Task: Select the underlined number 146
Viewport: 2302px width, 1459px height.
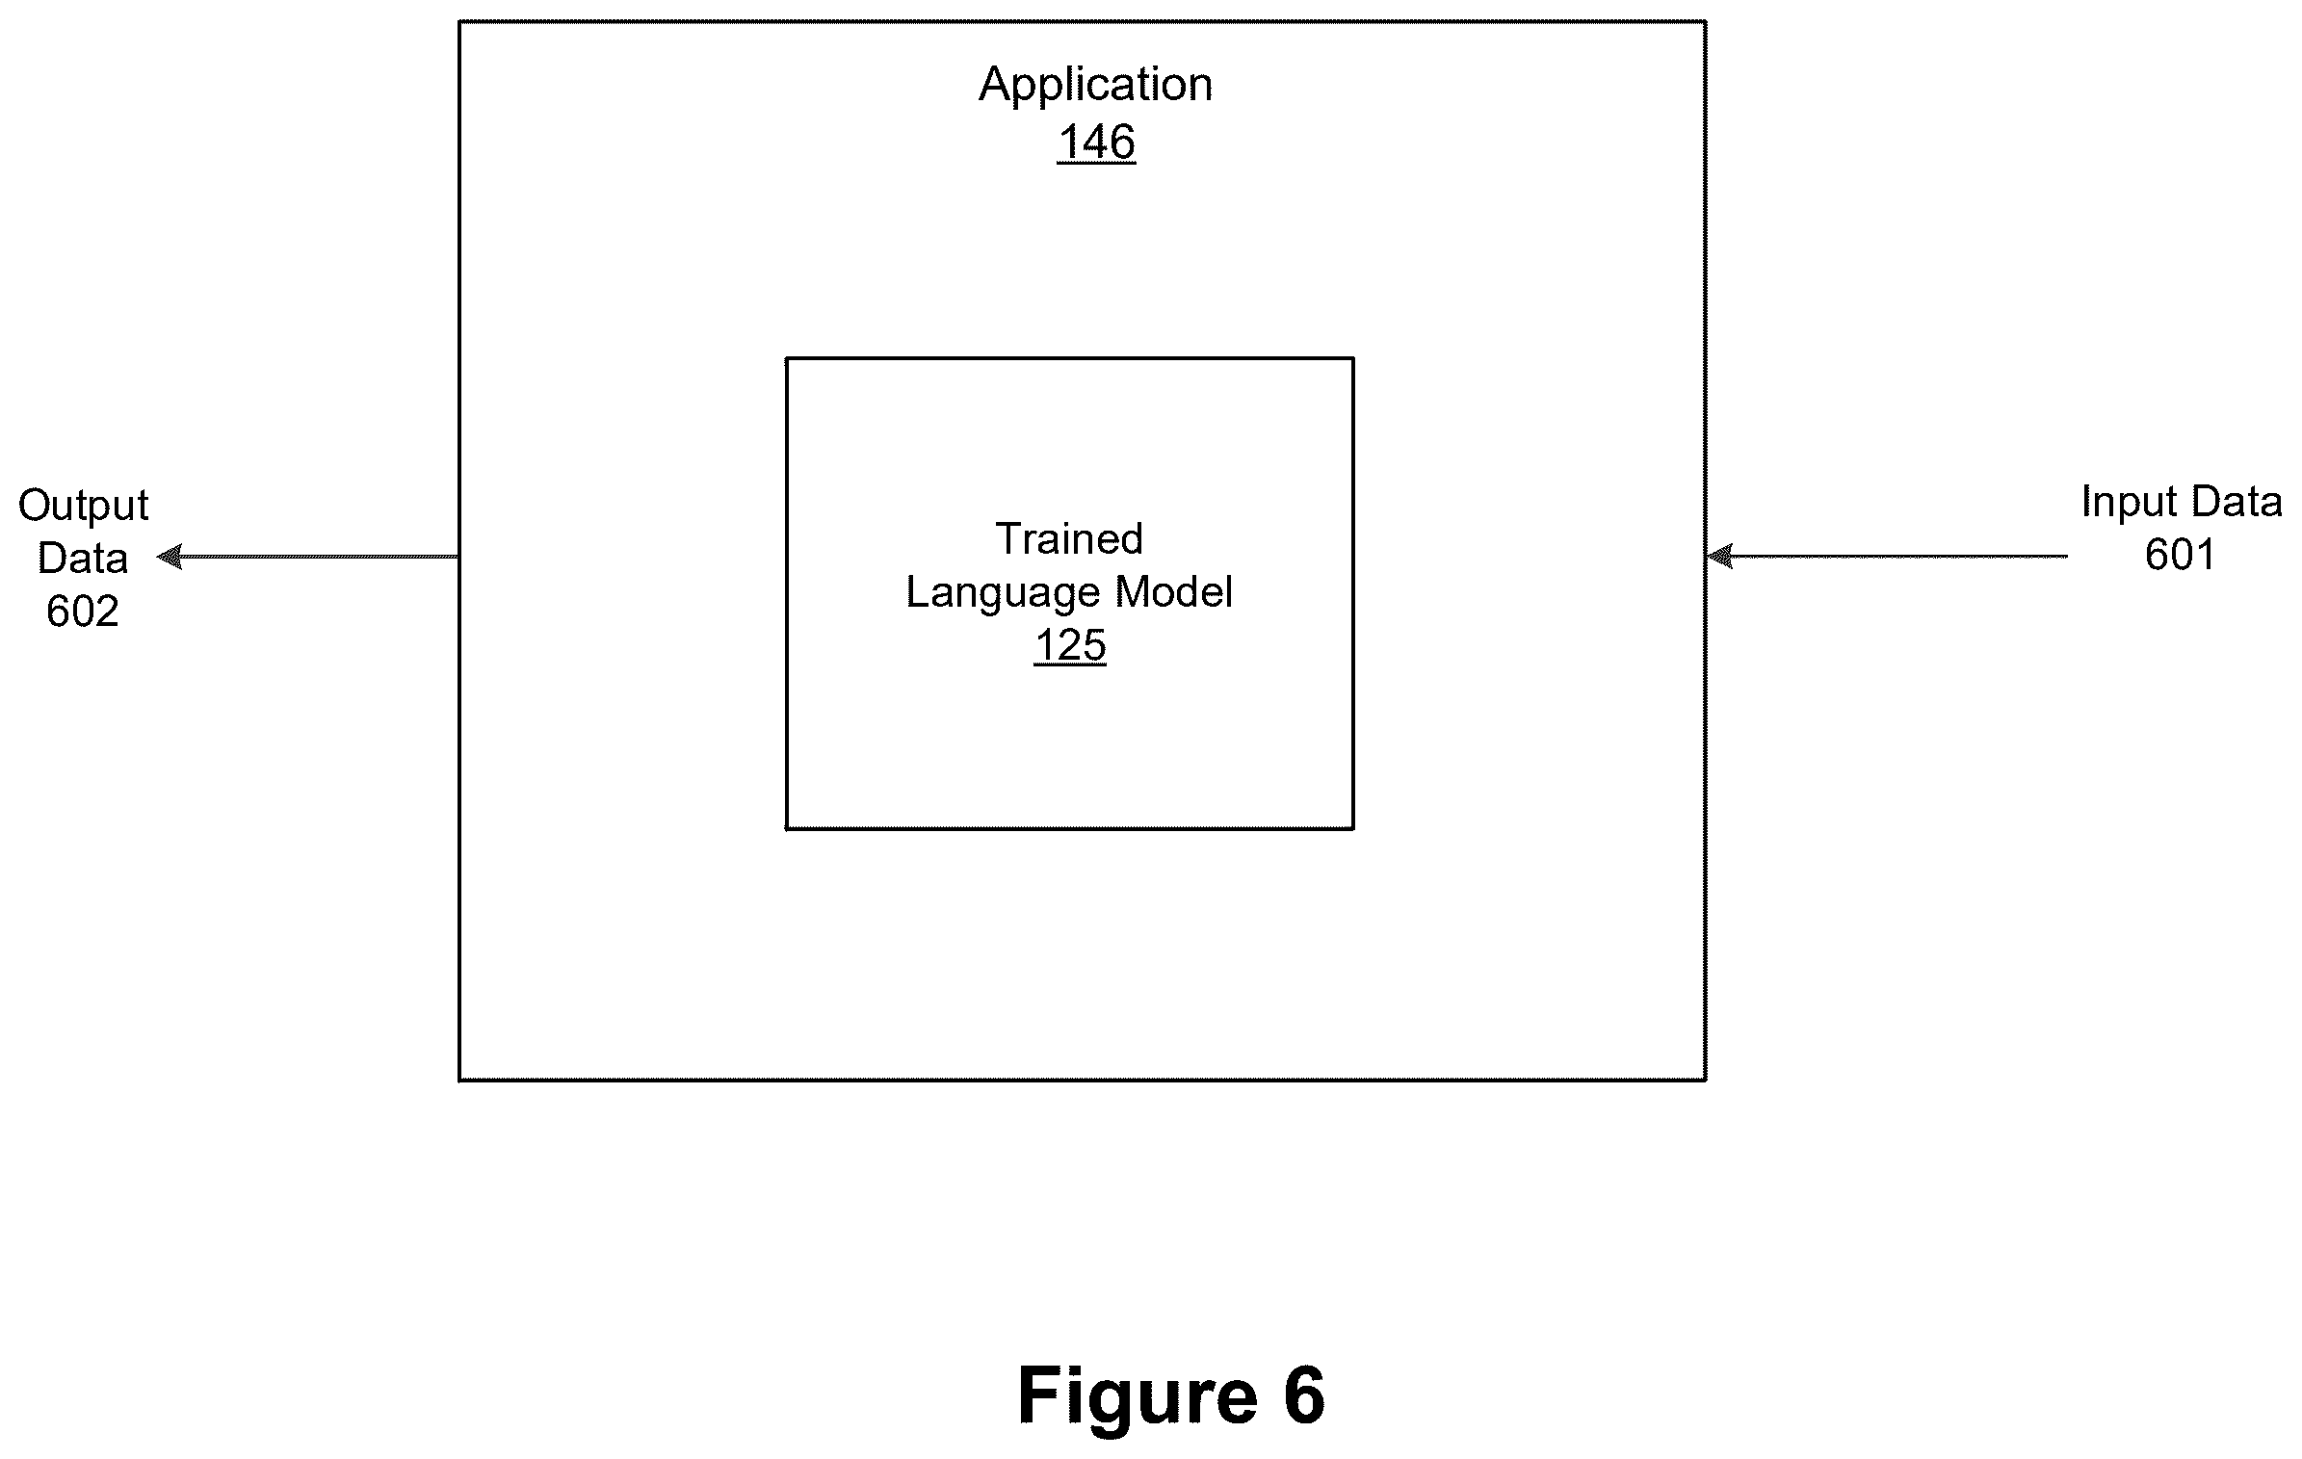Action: tap(1096, 143)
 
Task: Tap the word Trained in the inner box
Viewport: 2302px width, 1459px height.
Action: tap(1069, 538)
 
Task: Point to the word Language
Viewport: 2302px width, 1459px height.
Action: tap(1003, 593)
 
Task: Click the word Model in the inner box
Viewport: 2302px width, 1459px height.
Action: tap(1174, 591)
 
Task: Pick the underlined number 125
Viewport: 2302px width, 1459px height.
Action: tap(1070, 645)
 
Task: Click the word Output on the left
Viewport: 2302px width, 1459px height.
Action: tap(84, 506)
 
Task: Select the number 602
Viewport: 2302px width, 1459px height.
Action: tap(83, 612)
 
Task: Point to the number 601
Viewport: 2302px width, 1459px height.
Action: tap(2180, 555)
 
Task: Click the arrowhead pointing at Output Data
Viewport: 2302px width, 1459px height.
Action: tap(170, 557)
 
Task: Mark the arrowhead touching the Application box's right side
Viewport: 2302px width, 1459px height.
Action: tap(1720, 557)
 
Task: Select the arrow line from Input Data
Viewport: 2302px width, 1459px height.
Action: tap(1887, 557)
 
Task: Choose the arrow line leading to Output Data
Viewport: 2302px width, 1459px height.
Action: tap(307, 557)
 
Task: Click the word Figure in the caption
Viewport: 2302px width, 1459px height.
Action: tap(1138, 1395)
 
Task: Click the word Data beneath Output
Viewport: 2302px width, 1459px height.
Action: tap(83, 559)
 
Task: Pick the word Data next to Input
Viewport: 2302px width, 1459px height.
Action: tap(2234, 503)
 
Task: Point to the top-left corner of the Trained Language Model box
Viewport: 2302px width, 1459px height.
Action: tap(787, 358)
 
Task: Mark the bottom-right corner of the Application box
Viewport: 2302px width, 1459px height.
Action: tap(1706, 1081)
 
